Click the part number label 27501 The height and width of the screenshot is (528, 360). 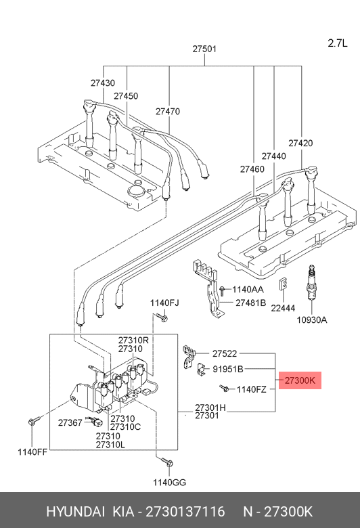204,49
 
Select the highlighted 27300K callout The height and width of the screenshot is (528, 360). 300,380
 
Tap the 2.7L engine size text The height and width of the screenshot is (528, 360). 338,43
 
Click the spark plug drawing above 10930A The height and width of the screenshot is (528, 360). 311,282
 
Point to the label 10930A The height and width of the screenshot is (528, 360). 311,320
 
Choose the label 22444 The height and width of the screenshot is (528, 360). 283,308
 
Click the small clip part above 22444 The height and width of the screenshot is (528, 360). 284,284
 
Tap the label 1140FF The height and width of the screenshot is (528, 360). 32,452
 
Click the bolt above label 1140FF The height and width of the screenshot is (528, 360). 34,420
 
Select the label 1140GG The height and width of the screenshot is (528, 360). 169,483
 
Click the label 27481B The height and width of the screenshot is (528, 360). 250,303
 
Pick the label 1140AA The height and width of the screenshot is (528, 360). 248,290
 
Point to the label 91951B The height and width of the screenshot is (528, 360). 227,370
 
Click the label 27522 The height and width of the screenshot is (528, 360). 225,353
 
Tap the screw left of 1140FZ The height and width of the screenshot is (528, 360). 224,389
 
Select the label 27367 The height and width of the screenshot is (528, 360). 70,422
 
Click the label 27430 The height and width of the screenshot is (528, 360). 103,83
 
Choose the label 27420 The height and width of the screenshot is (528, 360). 300,143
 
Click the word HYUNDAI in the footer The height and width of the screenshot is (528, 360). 75,512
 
